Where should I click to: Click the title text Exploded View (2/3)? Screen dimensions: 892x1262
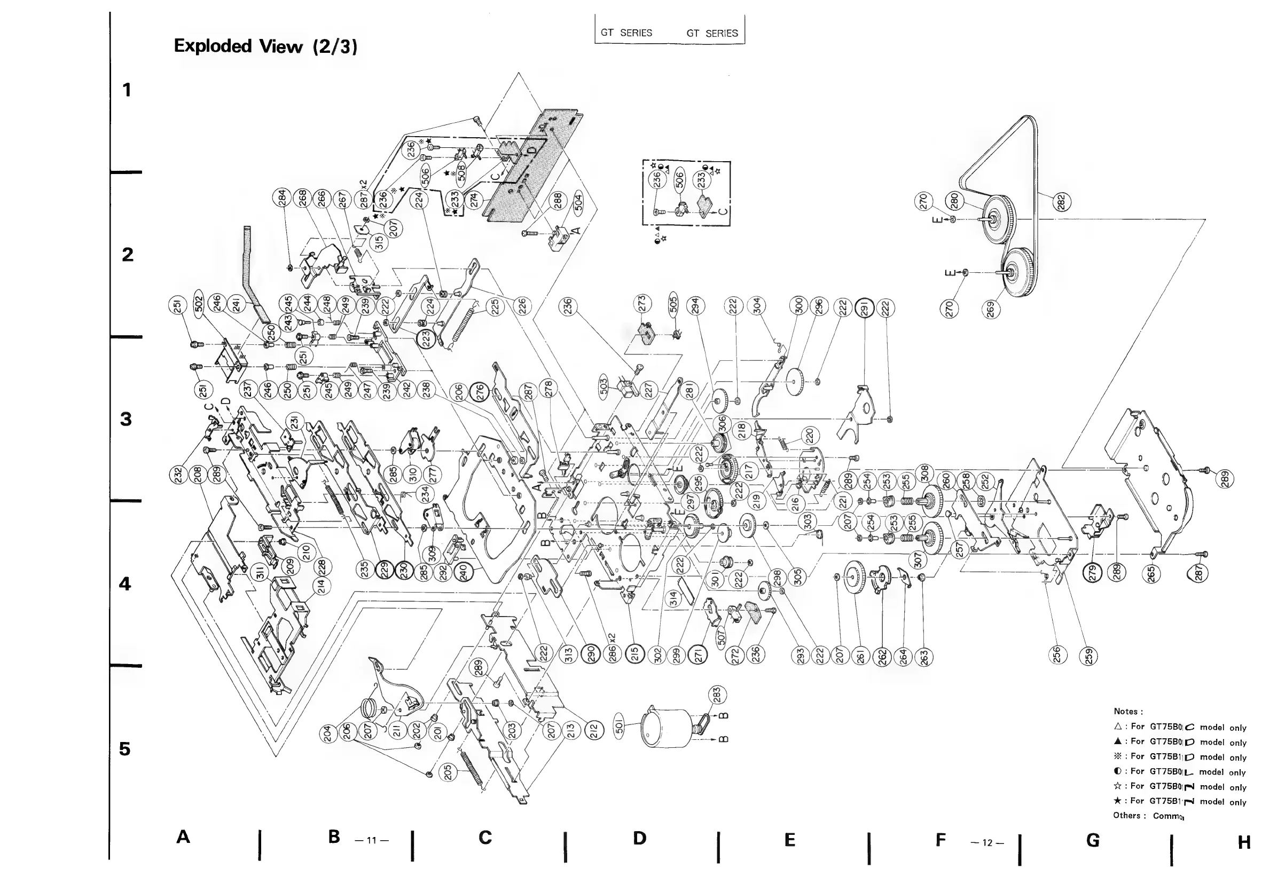tap(265, 46)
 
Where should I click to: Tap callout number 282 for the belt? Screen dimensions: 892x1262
tap(1061, 202)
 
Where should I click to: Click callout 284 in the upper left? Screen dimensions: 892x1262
tap(282, 197)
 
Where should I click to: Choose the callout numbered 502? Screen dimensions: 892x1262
tap(199, 303)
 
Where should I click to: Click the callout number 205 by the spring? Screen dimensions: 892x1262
tap(448, 772)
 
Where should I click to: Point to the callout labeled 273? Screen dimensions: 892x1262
tap(641, 303)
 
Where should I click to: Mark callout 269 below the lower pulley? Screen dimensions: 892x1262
tap(991, 309)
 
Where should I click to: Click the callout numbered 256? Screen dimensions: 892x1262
tap(1056, 656)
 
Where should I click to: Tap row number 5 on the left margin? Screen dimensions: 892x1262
tap(126, 749)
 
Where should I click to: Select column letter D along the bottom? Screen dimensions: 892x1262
tap(639, 838)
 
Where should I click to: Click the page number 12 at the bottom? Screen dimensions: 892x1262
tap(987, 842)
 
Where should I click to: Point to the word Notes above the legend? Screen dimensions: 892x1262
tap(1128, 711)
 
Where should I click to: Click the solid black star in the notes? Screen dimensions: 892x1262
tap(1117, 801)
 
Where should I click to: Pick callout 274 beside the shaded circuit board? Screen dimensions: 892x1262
tap(474, 200)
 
